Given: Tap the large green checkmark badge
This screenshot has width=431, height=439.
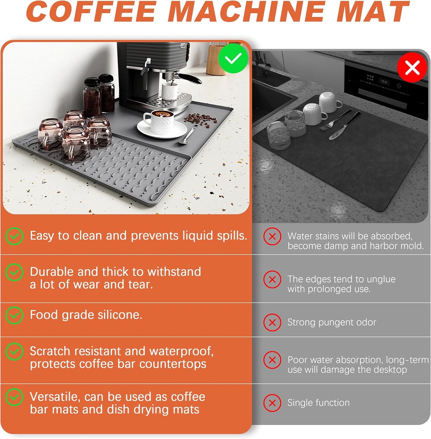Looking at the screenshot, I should (233, 59).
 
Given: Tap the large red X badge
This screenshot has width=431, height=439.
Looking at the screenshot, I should (412, 67).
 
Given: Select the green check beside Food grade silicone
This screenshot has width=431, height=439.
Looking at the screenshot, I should (14, 315).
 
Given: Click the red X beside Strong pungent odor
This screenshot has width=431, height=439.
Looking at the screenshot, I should (272, 323).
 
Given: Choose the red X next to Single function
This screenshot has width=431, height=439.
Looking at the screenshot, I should (272, 403).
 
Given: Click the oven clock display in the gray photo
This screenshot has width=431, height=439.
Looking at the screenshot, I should (384, 82).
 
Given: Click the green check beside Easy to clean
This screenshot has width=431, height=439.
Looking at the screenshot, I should (14, 236).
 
